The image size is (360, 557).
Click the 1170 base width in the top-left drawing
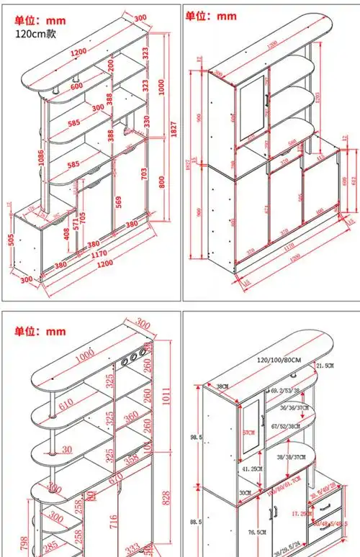click(x=99, y=253)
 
